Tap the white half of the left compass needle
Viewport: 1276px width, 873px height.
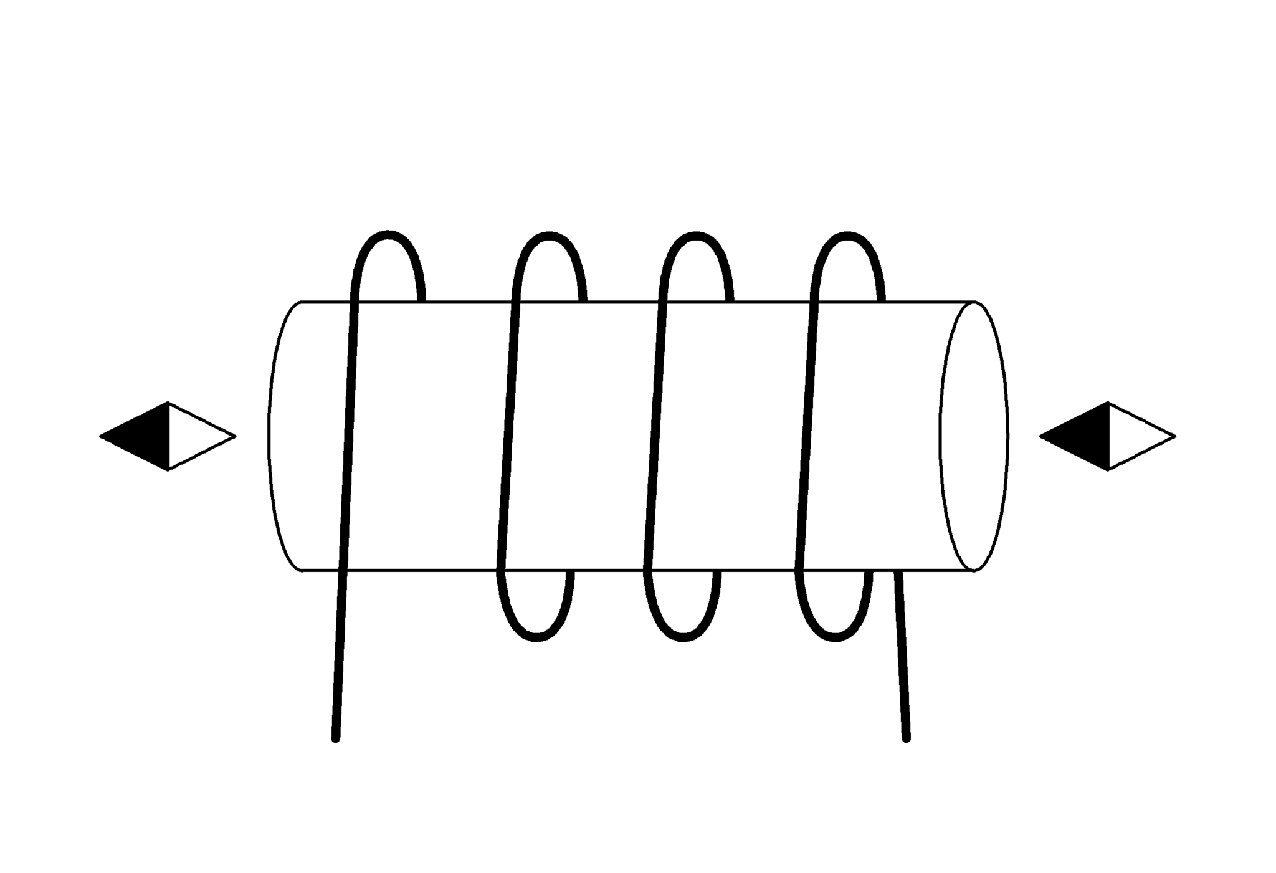click(x=193, y=436)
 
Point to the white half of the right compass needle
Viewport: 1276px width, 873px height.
click(x=1134, y=436)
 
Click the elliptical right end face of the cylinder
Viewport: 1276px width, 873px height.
click(x=974, y=436)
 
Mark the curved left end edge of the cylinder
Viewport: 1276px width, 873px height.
click(x=270, y=436)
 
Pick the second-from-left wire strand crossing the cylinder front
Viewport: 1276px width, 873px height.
click(x=509, y=436)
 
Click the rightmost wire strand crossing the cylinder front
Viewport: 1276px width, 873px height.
click(x=807, y=436)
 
